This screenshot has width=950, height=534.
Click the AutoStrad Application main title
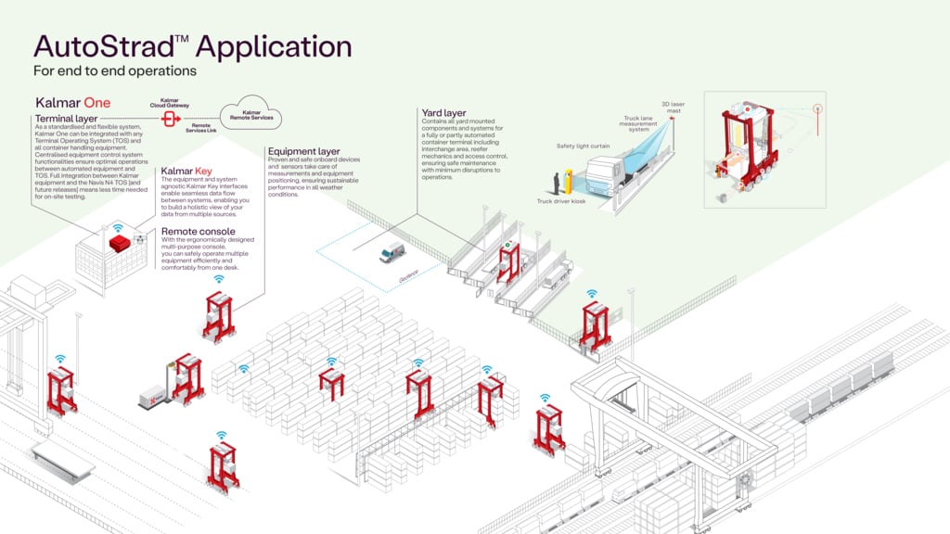click(x=192, y=46)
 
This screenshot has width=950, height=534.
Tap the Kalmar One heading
click(x=73, y=102)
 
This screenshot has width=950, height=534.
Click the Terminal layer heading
click(x=68, y=120)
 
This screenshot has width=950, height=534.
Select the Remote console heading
click(x=198, y=231)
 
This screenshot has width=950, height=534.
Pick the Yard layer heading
click(x=443, y=113)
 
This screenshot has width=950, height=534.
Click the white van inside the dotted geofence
click(x=392, y=252)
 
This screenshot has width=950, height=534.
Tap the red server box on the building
click(x=119, y=243)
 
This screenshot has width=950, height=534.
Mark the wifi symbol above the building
click(x=118, y=226)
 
